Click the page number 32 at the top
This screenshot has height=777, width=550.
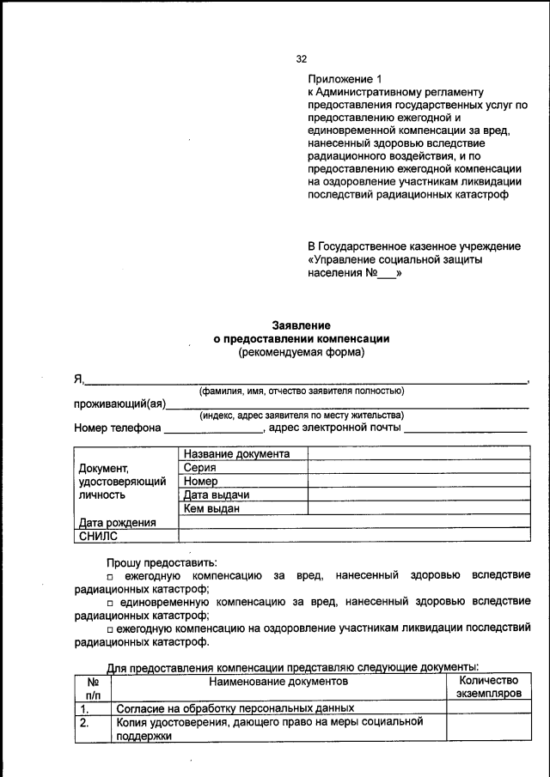tap(302, 59)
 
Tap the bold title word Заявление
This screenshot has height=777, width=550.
tap(301, 325)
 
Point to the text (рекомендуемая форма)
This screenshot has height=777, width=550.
tap(301, 352)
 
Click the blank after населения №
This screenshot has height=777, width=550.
tap(388, 275)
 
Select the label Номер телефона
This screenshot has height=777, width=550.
tap(117, 428)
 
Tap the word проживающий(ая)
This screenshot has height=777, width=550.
tap(119, 404)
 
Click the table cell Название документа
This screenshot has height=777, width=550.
tap(236, 454)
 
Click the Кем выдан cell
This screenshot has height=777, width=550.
tap(211, 509)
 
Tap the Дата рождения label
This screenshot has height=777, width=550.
tap(117, 522)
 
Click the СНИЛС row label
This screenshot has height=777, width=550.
tap(98, 536)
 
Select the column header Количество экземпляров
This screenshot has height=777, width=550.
tap(488, 686)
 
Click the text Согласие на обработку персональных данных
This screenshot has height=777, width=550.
tap(235, 709)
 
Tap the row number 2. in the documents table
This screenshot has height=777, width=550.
tap(84, 723)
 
